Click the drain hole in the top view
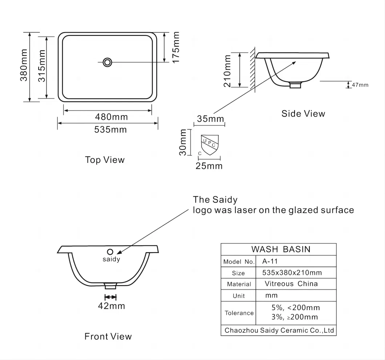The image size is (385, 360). tap(107, 62)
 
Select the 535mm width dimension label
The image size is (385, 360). tap(110, 129)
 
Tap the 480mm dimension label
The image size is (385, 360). tap(111, 117)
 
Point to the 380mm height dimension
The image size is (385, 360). tap(24, 66)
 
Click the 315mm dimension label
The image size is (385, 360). tap(42, 66)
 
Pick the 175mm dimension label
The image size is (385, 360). tap(176, 47)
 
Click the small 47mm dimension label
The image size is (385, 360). tap(360, 85)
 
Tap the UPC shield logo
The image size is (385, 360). tap(210, 144)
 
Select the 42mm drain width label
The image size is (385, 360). tap(111, 306)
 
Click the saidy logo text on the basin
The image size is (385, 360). tap(111, 259)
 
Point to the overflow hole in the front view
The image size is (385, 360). tap(110, 251)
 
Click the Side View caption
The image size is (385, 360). tap(303, 114)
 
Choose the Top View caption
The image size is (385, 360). tap(105, 160)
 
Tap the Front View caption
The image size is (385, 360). tap(108, 336)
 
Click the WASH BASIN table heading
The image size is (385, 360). tap(281, 249)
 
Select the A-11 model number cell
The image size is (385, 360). tap(270, 261)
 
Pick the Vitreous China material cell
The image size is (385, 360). tap(291, 284)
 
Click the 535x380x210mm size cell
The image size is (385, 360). tap(292, 272)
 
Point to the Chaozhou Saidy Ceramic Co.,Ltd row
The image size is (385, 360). tap(279, 330)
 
